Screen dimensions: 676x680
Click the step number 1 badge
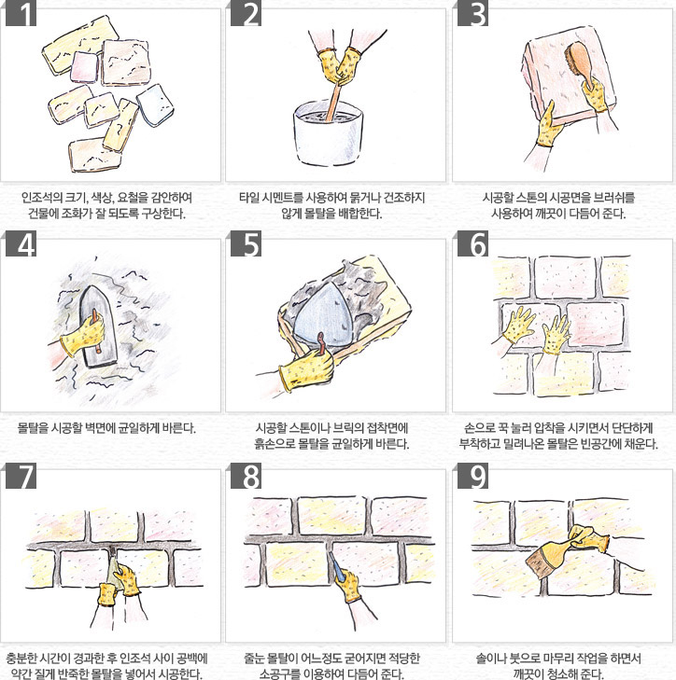pyautogui.click(x=21, y=13)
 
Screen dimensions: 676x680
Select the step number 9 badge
pyautogui.click(x=472, y=476)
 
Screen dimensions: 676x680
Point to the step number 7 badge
pyautogui.click(x=21, y=476)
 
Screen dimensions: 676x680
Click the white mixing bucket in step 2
pyautogui.click(x=329, y=133)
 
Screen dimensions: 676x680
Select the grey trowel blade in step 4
pyautogui.click(x=98, y=326)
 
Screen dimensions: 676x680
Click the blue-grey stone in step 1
pyautogui.click(x=155, y=105)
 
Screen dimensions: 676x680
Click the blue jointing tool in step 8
pyautogui.click(x=336, y=567)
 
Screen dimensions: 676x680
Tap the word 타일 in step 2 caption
pyautogui.click(x=248, y=198)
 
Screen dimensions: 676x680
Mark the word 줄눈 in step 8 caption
pyautogui.click(x=254, y=659)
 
